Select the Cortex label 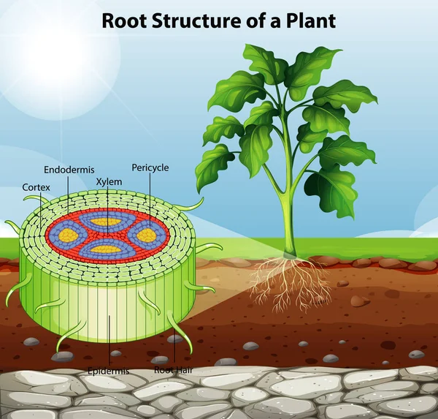pos(36,187)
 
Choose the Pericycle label pos(150,167)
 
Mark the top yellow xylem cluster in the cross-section pos(107,221)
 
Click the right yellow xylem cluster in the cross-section pos(146,235)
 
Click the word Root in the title pos(118,20)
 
